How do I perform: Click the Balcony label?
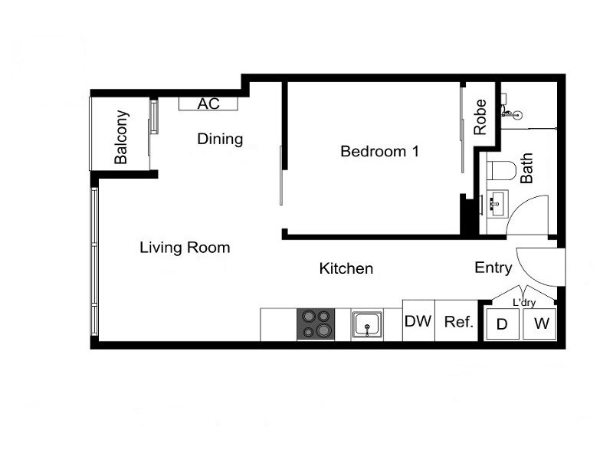121,138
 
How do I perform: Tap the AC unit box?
208,103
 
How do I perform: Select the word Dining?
220,139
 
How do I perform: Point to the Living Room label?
185,248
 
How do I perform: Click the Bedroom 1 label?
379,151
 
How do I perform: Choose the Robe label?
480,117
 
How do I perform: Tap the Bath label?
527,168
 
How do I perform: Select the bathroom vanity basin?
494,204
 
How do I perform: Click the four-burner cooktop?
317,324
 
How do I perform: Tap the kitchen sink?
368,325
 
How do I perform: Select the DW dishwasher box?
418,321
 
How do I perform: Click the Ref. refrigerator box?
459,321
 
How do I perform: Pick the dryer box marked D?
502,324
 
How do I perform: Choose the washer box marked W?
541,324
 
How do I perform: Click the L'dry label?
523,303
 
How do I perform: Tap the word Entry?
493,268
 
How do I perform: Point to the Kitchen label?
346,268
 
